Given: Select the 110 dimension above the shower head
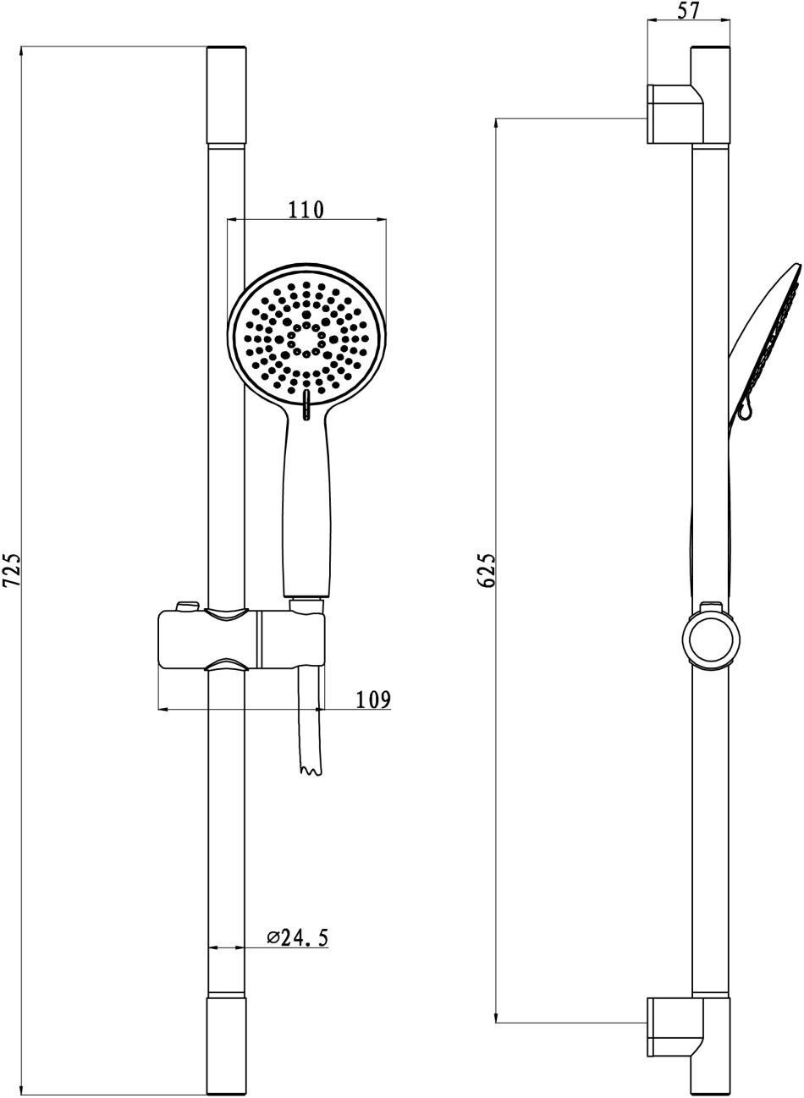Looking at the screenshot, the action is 306,210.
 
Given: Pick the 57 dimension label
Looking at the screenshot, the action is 689,11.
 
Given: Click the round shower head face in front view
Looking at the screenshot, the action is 306,339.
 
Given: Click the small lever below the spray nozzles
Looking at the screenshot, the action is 306,405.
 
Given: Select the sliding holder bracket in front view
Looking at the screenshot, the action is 241,636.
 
